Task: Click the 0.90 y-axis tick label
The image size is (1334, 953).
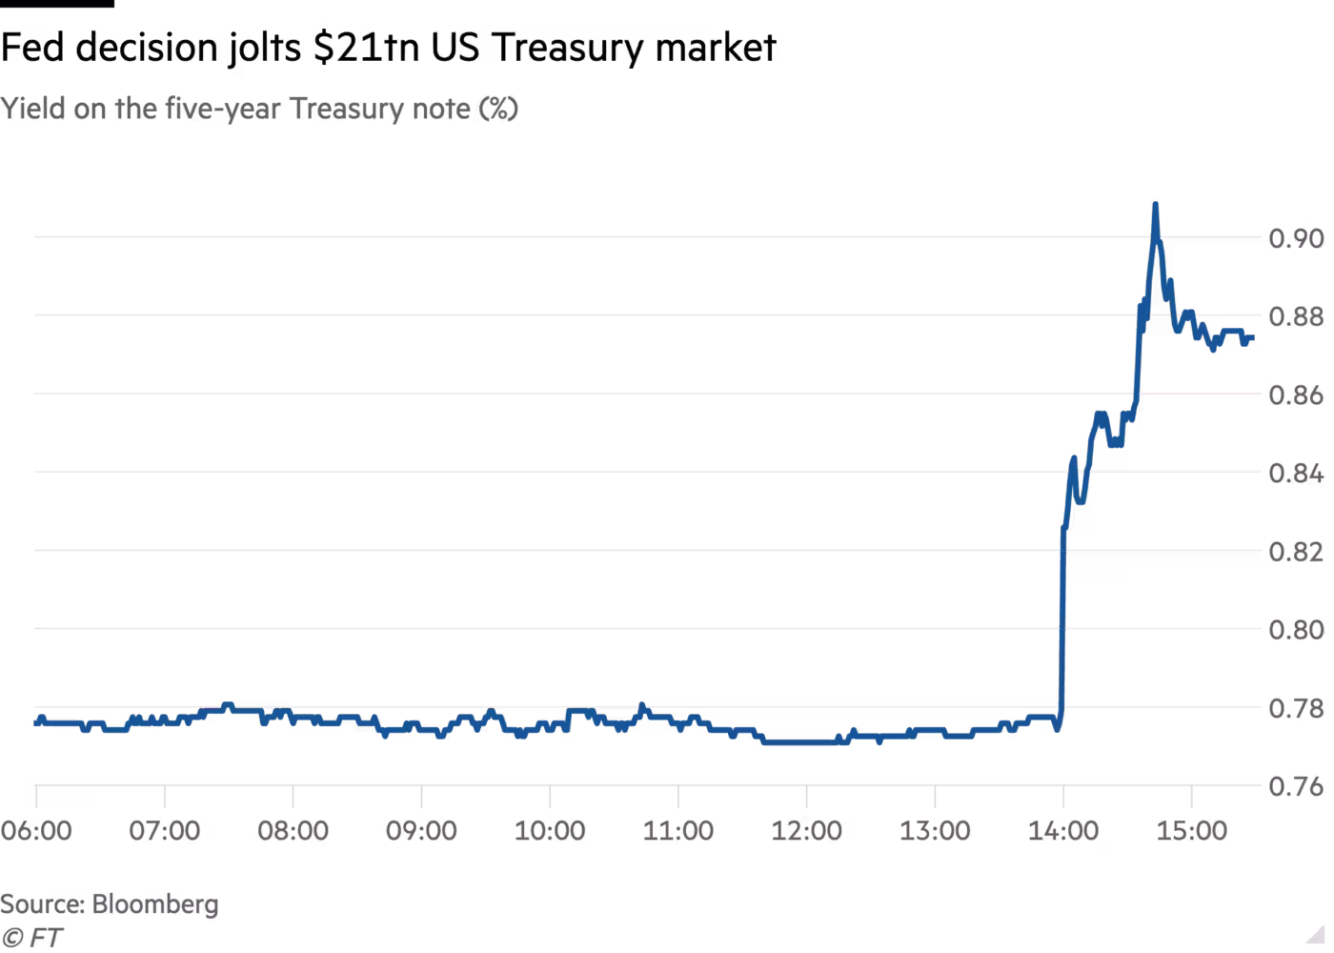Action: tap(1296, 238)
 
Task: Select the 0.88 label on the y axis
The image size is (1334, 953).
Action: tap(1296, 316)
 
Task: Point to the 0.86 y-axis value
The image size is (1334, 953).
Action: tap(1296, 395)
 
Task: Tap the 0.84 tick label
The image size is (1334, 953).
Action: tap(1296, 473)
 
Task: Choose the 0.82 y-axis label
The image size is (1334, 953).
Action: tap(1296, 552)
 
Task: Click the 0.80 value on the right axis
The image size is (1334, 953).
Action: tap(1296, 630)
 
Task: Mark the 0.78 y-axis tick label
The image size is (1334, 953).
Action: tap(1296, 708)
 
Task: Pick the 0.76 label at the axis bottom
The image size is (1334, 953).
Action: tap(1296, 786)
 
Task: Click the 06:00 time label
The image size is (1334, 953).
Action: tap(36, 831)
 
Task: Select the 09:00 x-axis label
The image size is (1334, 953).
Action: tap(421, 831)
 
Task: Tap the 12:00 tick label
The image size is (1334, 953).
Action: tap(806, 831)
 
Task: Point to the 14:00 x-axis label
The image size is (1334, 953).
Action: tap(1063, 831)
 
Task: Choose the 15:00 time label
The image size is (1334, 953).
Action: tap(1192, 831)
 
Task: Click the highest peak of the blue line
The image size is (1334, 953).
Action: tap(1155, 204)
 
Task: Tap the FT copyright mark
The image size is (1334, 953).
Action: tap(32, 938)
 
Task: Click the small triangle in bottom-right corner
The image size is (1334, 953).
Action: tap(1315, 933)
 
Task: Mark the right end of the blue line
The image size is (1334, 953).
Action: tap(1252, 337)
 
